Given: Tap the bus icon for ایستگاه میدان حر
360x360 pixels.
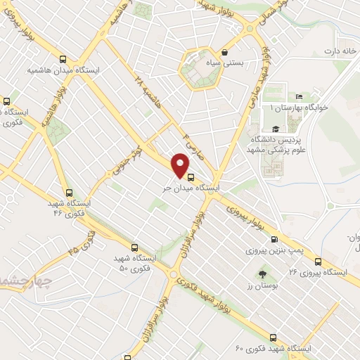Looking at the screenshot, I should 192,176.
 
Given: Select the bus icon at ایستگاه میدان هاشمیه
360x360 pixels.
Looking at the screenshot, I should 64,60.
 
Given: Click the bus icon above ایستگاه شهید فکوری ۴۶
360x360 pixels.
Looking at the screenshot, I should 69,192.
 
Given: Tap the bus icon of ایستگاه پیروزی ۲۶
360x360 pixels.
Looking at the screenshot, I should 318,261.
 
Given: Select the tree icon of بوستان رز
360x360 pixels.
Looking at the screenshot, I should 262,274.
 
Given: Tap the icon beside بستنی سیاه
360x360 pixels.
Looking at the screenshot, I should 224,52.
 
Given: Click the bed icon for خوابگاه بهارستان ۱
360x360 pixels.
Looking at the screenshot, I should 299,96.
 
